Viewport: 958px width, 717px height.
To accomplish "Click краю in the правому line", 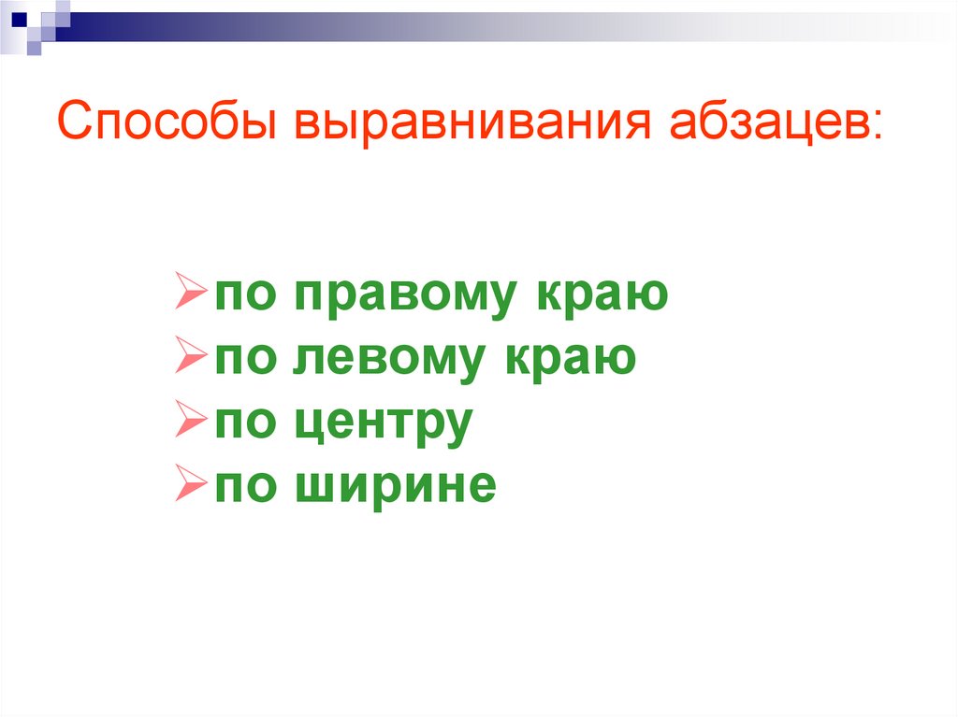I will tap(602, 295).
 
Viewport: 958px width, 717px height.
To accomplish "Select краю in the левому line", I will tap(571, 358).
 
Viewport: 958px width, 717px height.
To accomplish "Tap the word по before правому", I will tap(246, 295).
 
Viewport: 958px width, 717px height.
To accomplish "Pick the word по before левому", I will tap(246, 358).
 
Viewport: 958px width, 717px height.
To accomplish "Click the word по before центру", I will tap(246, 423).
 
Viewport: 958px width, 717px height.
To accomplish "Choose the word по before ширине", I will tap(246, 486).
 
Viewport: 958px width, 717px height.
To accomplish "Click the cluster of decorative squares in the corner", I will tap(34, 21).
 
